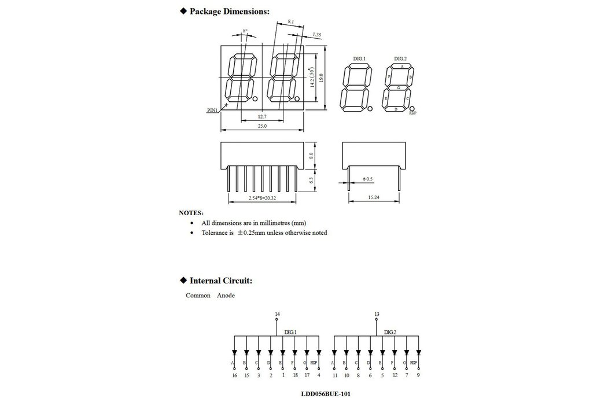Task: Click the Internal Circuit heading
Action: pyautogui.click(x=220, y=281)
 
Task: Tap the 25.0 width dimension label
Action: pyautogui.click(x=262, y=126)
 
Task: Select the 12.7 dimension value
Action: pyautogui.click(x=262, y=116)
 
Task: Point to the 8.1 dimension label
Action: pyautogui.click(x=291, y=22)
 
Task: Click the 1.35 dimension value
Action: pyautogui.click(x=316, y=35)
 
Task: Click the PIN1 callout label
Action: pyautogui.click(x=213, y=110)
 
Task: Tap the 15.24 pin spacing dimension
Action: pyautogui.click(x=374, y=197)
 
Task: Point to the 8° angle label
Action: pyautogui.click(x=245, y=31)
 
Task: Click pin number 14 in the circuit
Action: pyautogui.click(x=278, y=314)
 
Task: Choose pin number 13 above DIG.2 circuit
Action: pyautogui.click(x=377, y=314)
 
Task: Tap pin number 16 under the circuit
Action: pyautogui.click(x=234, y=375)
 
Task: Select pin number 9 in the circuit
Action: pyautogui.click(x=418, y=375)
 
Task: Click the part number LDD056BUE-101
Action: pyautogui.click(x=325, y=393)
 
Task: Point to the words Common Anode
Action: pyautogui.click(x=210, y=296)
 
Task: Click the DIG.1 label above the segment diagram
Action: pyautogui.click(x=359, y=59)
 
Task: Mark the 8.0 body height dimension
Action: pyautogui.click(x=311, y=155)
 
